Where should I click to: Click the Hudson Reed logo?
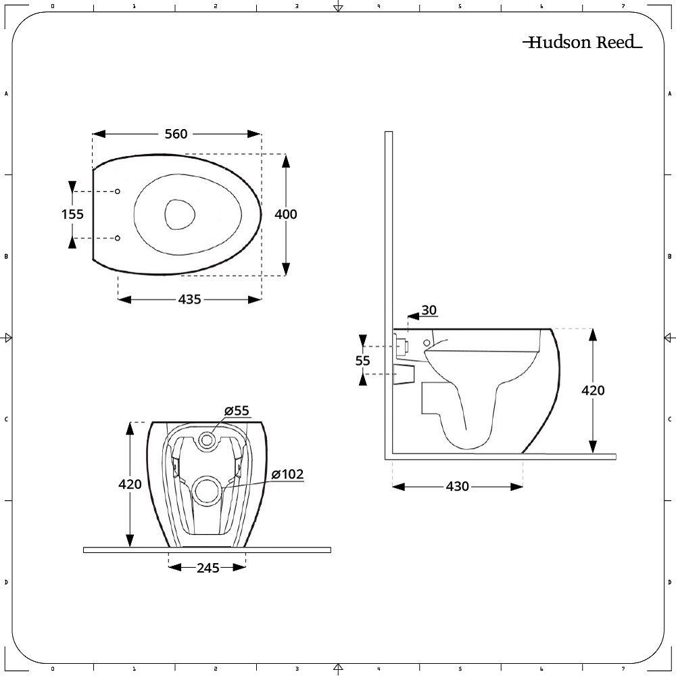coord(582,43)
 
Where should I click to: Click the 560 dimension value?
coord(176,134)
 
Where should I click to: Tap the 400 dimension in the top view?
coord(285,214)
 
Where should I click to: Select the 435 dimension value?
coord(190,299)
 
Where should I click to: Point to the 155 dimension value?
coord(72,214)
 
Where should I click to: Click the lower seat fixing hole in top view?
coord(118,238)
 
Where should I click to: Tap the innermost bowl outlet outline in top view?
coord(181,214)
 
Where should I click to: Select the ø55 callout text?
coord(237,411)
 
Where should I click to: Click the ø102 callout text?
coord(287,475)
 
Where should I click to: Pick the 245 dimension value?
coord(208,568)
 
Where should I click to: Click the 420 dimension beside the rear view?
coord(130,484)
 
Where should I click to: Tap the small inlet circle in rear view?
coord(207,441)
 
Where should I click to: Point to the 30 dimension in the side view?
coord(429,310)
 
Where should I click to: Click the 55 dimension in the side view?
coord(363,361)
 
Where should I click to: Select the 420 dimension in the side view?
coord(593,390)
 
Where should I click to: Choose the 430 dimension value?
coord(458,487)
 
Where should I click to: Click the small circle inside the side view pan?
coord(427,343)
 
